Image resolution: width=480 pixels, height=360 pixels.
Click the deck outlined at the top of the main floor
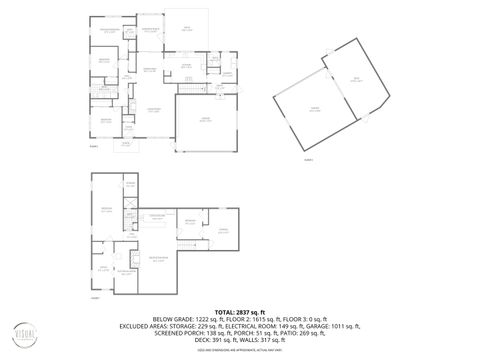click(x=186, y=30)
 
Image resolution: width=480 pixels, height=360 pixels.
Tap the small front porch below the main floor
click(x=127, y=145)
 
